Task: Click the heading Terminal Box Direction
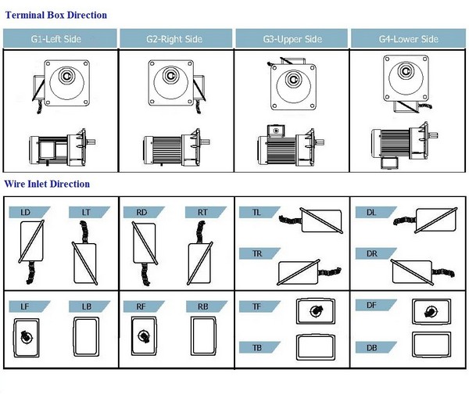pos(55,15)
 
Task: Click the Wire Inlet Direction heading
pos(47,185)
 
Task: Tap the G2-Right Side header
pos(175,38)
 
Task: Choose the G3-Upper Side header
pos(291,38)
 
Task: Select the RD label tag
pos(142,212)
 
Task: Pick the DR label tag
pos(373,253)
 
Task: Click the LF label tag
pos(27,307)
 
